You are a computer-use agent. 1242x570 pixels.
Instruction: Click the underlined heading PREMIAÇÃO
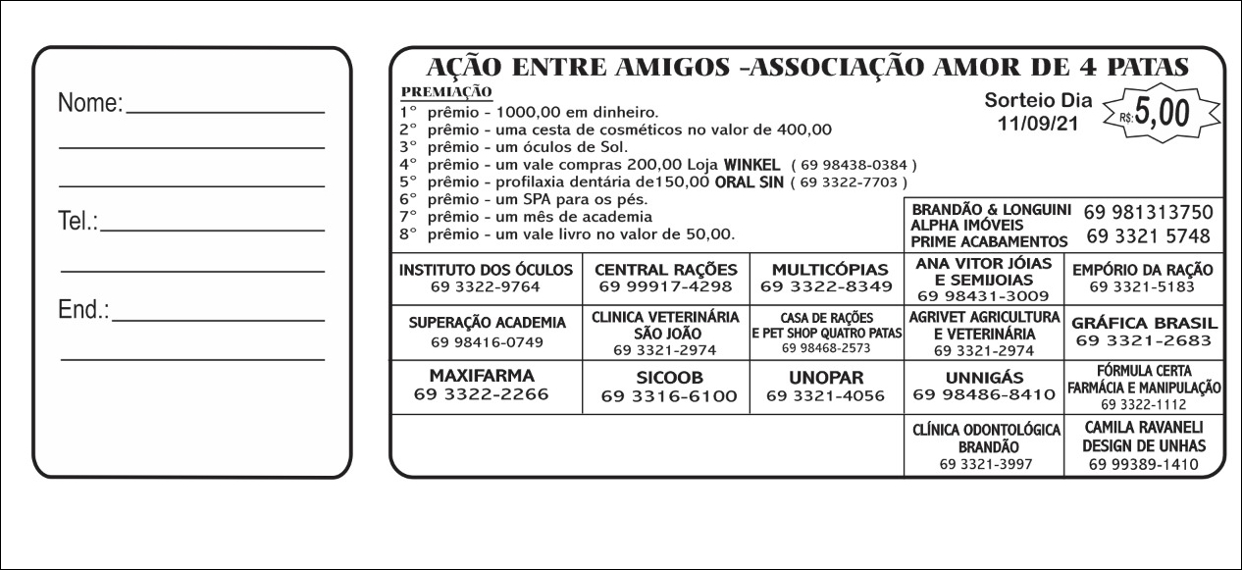pyautogui.click(x=446, y=91)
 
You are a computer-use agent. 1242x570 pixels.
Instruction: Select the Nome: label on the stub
pyautogui.click(x=90, y=103)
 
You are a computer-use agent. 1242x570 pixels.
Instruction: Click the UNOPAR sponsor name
pyautogui.click(x=825, y=378)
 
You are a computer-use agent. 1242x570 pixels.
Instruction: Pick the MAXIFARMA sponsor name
pyautogui.click(x=482, y=376)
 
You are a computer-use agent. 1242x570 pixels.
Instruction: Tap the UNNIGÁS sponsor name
pyautogui.click(x=984, y=378)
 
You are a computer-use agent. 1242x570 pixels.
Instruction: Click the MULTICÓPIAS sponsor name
pyautogui.click(x=830, y=269)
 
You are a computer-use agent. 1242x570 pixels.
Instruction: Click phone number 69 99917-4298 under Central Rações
pyautogui.click(x=666, y=287)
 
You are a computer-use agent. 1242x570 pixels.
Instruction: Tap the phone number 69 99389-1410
pyautogui.click(x=1143, y=464)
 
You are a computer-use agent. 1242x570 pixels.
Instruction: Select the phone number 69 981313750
pyautogui.click(x=1149, y=212)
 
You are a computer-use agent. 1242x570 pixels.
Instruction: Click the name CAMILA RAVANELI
pyautogui.click(x=1143, y=428)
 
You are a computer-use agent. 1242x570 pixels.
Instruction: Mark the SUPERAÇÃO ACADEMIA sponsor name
pyautogui.click(x=487, y=323)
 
